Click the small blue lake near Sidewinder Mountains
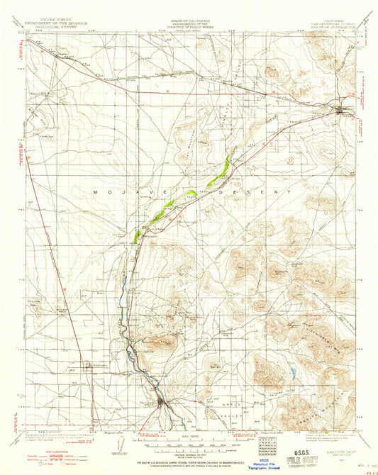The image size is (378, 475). pyautogui.click(x=292, y=371)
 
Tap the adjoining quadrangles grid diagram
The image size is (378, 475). pyautogui.click(x=267, y=447)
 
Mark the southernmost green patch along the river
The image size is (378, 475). pyautogui.click(x=136, y=235)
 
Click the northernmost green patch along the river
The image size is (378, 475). pyautogui.click(x=226, y=166)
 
